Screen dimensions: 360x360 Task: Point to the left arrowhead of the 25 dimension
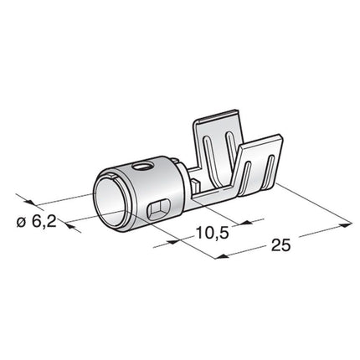tap(219, 256)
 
